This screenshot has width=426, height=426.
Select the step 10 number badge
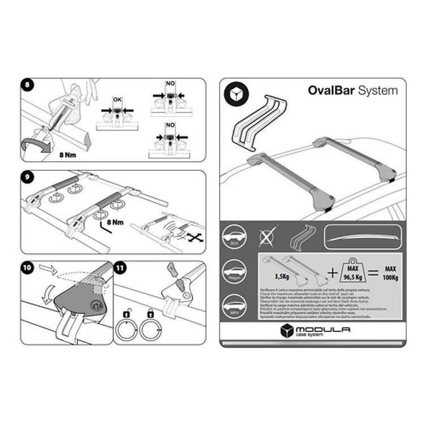click(28, 267)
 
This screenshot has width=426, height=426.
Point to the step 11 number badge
click(119, 267)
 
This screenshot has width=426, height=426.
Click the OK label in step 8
click(117, 100)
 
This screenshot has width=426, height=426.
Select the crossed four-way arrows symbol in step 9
click(195, 238)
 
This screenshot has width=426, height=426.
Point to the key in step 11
click(173, 268)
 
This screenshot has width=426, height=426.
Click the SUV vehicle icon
click(234, 236)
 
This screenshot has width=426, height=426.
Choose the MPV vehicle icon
click(234, 302)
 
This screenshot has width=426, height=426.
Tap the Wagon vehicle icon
click(234, 269)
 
